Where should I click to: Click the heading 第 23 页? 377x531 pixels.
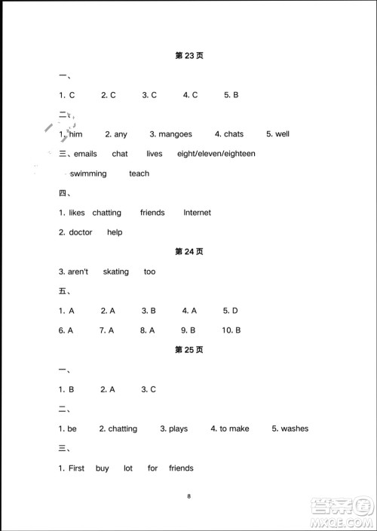pos(189,56)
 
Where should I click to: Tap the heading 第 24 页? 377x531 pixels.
pos(189,252)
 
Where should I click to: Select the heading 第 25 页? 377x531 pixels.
pos(189,350)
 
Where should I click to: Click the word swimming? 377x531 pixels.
pos(87,173)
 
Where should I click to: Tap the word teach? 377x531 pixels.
pos(139,173)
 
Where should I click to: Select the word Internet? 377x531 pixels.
pos(197,213)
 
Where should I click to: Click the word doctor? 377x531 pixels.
pos(81,232)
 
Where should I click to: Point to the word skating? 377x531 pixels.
pos(116,272)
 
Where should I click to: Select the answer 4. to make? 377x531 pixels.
pos(230,428)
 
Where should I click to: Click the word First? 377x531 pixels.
pos(77,468)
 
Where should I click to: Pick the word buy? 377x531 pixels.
pos(103,468)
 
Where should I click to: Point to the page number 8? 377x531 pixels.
pos(189,496)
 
